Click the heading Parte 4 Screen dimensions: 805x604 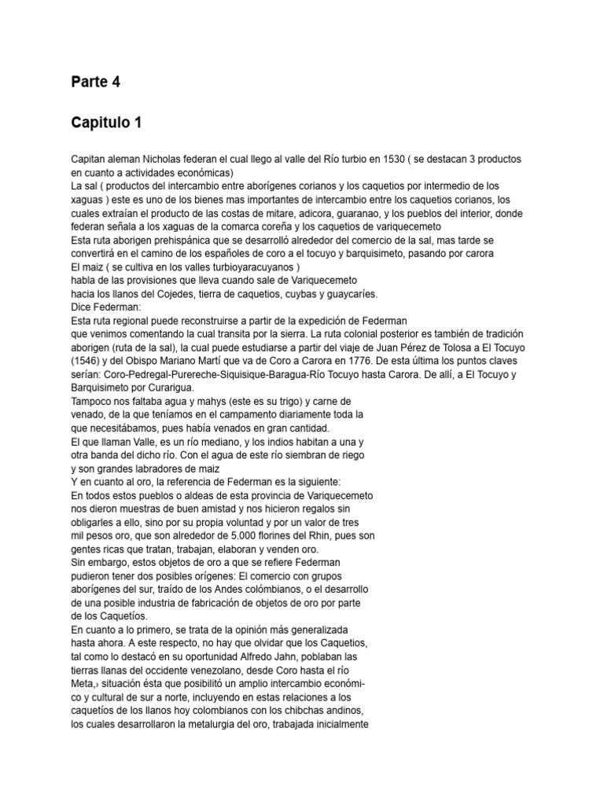pos(95,83)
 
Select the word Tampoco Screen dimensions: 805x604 pos(92,401)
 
